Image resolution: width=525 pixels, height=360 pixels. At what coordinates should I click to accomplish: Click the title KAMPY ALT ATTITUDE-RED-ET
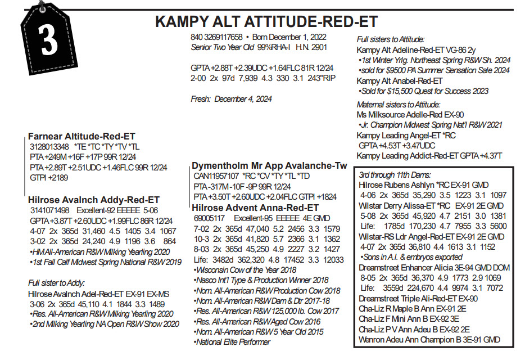pos(266,22)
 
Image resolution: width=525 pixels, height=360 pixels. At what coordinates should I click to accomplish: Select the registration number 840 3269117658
pos(217,37)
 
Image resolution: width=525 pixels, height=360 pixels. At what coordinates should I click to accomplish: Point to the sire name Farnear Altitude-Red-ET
pos(82,136)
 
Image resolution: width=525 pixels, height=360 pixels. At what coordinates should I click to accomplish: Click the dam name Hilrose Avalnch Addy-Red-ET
pos(93,200)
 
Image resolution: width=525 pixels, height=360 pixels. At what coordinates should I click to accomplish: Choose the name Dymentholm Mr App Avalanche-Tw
pos(269,166)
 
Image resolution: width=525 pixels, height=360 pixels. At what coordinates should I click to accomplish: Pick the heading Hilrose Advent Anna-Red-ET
pos(256,207)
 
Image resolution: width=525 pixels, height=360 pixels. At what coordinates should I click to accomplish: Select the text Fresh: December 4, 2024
pos(232,99)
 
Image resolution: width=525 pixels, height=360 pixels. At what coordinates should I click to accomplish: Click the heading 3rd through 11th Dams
pos(394,175)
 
